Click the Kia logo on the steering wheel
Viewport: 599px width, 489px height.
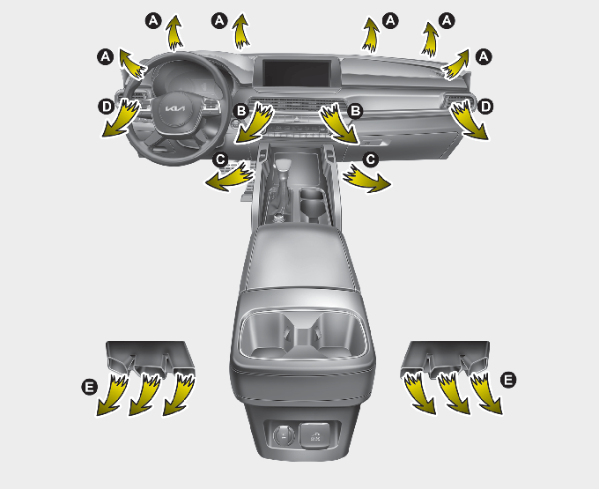pos(175,108)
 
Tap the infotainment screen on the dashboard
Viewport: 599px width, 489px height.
pos(297,73)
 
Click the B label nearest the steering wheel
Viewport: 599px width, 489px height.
pos(241,111)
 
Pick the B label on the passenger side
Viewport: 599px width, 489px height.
pos(356,111)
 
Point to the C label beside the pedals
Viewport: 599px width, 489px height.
pos(220,159)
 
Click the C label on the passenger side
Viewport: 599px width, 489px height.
pos(370,159)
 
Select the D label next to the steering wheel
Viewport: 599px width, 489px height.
pos(107,107)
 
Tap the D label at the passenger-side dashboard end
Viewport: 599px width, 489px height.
pos(485,107)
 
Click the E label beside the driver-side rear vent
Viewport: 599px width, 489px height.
pos(89,387)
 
